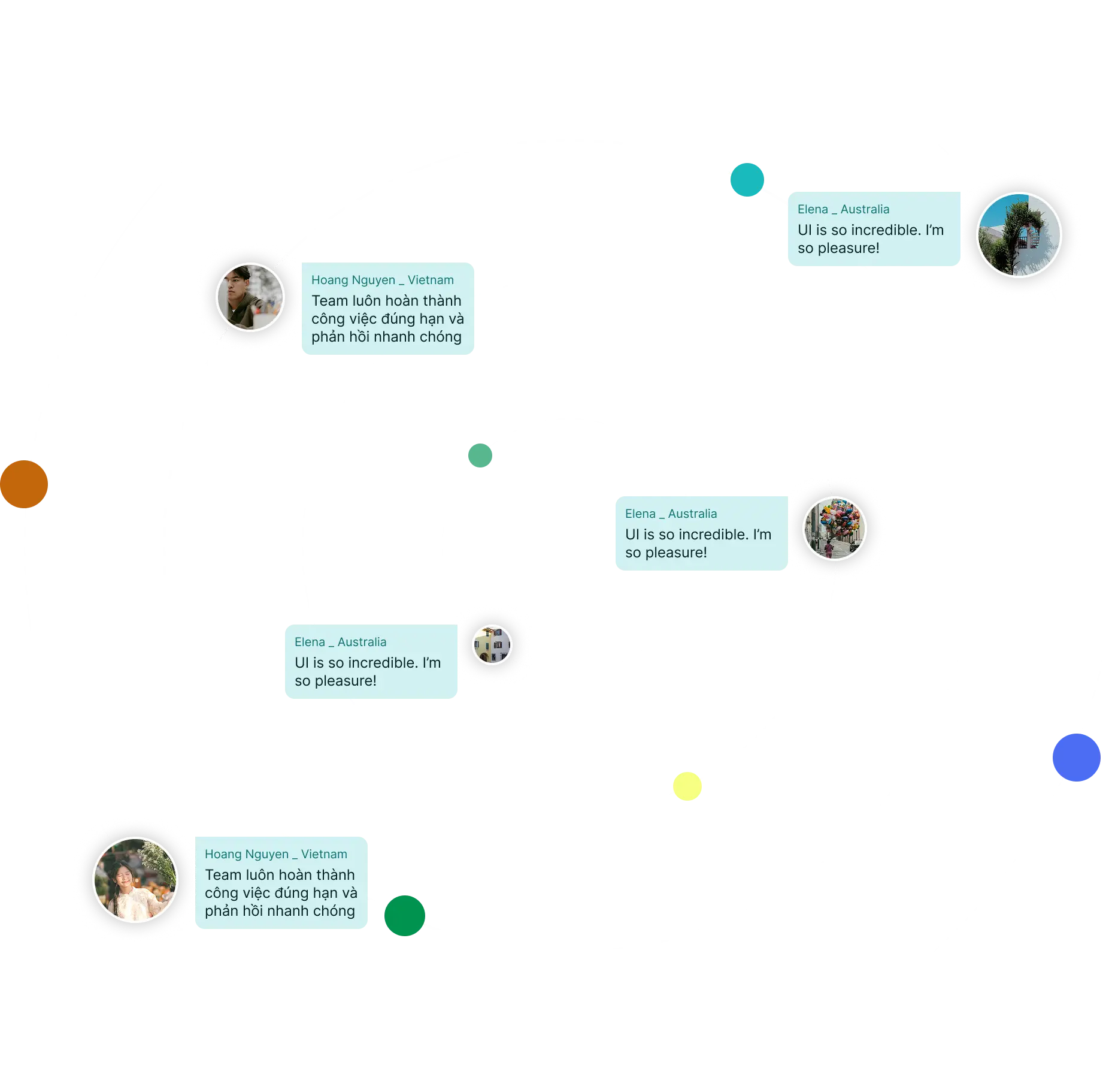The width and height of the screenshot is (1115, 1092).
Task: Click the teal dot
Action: pyautogui.click(x=747, y=179)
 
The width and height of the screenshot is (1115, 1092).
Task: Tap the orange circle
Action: pyautogui.click(x=24, y=484)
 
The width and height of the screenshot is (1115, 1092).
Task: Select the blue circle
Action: pyautogui.click(x=1076, y=757)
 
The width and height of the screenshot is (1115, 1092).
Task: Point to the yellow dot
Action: pyautogui.click(x=687, y=786)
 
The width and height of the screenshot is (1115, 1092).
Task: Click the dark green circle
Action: pyautogui.click(x=404, y=915)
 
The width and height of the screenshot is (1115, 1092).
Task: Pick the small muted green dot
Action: pyautogui.click(x=480, y=455)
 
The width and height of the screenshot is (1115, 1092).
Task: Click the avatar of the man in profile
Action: pyautogui.click(x=250, y=297)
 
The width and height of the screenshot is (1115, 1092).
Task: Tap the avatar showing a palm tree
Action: pyautogui.click(x=1019, y=234)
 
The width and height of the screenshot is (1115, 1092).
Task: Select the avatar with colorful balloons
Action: pyautogui.click(x=834, y=529)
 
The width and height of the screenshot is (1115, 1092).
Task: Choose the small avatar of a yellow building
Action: pyautogui.click(x=492, y=644)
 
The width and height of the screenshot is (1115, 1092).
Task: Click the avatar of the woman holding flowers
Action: pyautogui.click(x=136, y=879)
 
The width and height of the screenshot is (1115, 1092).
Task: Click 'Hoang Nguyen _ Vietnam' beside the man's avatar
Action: pyautogui.click(x=382, y=280)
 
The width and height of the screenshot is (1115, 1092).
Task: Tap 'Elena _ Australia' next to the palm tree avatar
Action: pyautogui.click(x=843, y=209)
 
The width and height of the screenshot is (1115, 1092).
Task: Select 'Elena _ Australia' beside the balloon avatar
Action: pyautogui.click(x=671, y=514)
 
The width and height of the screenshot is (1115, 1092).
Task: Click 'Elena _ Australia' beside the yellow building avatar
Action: pyautogui.click(x=340, y=642)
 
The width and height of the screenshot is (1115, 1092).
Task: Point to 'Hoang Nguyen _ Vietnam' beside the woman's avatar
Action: pyautogui.click(x=275, y=854)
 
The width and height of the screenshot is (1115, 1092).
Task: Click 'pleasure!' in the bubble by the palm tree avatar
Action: pyautogui.click(x=849, y=248)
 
